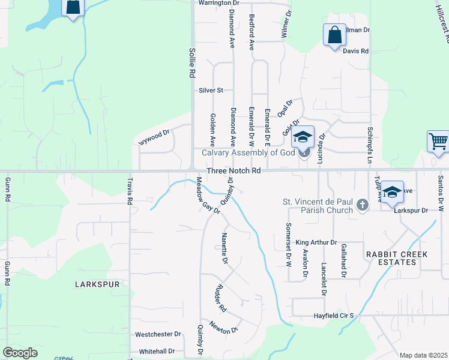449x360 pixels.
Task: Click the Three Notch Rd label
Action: [234, 171]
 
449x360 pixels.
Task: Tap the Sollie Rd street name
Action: [192, 63]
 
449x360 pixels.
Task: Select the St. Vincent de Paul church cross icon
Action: [362, 206]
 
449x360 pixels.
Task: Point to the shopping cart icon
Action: [438, 142]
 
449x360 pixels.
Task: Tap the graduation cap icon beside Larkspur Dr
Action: [392, 192]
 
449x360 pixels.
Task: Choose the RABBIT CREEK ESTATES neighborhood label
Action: [397, 259]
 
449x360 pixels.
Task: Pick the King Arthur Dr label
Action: [316, 242]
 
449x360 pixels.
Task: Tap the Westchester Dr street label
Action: [158, 334]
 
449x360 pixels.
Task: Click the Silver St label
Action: [211, 91]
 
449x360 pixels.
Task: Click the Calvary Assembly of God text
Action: [248, 152]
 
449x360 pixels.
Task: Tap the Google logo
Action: [20, 352]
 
